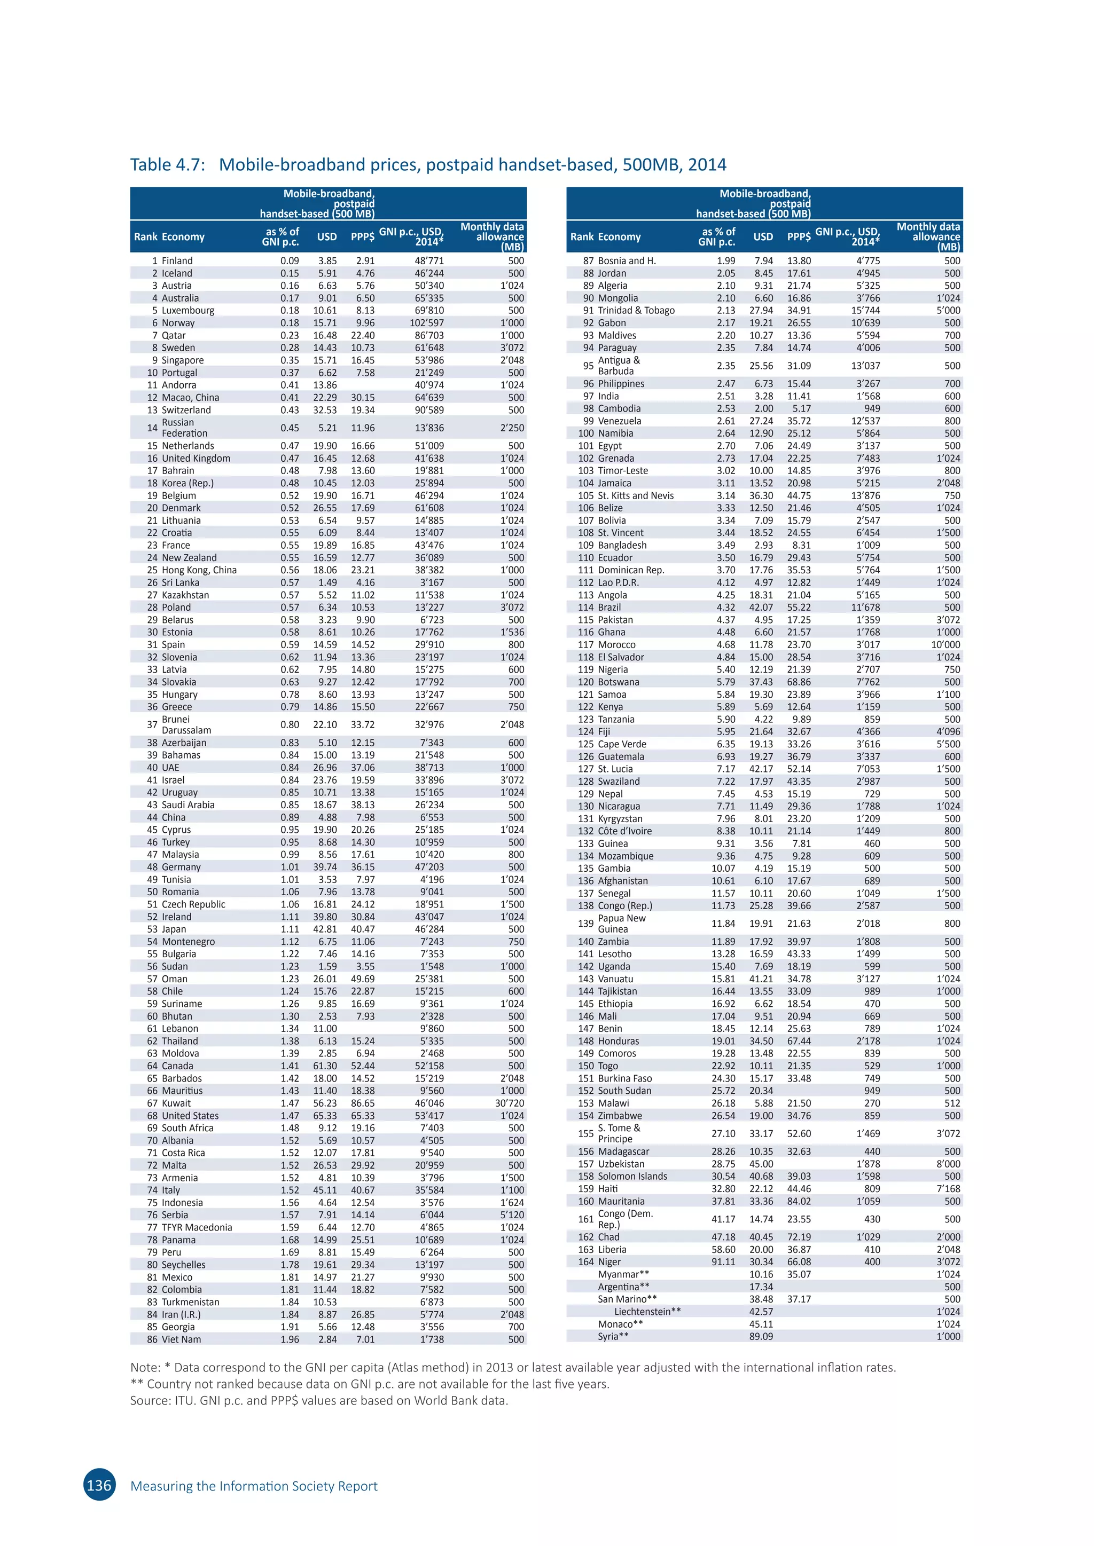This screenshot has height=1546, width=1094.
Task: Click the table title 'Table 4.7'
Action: click(167, 165)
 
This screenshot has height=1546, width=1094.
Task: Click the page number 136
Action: click(99, 1485)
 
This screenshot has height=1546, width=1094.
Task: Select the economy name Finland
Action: click(177, 261)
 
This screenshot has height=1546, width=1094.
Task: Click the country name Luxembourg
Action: click(188, 310)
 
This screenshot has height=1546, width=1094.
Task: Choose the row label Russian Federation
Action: click(178, 428)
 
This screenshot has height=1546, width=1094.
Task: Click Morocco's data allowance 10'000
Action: click(946, 644)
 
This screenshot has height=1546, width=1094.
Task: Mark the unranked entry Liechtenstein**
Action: click(647, 1311)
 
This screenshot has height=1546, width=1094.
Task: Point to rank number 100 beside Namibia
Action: click(586, 433)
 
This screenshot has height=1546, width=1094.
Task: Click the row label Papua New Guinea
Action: click(622, 923)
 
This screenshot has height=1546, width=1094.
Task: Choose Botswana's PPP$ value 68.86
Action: click(799, 682)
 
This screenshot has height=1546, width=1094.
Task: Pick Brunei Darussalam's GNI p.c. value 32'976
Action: click(429, 724)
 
